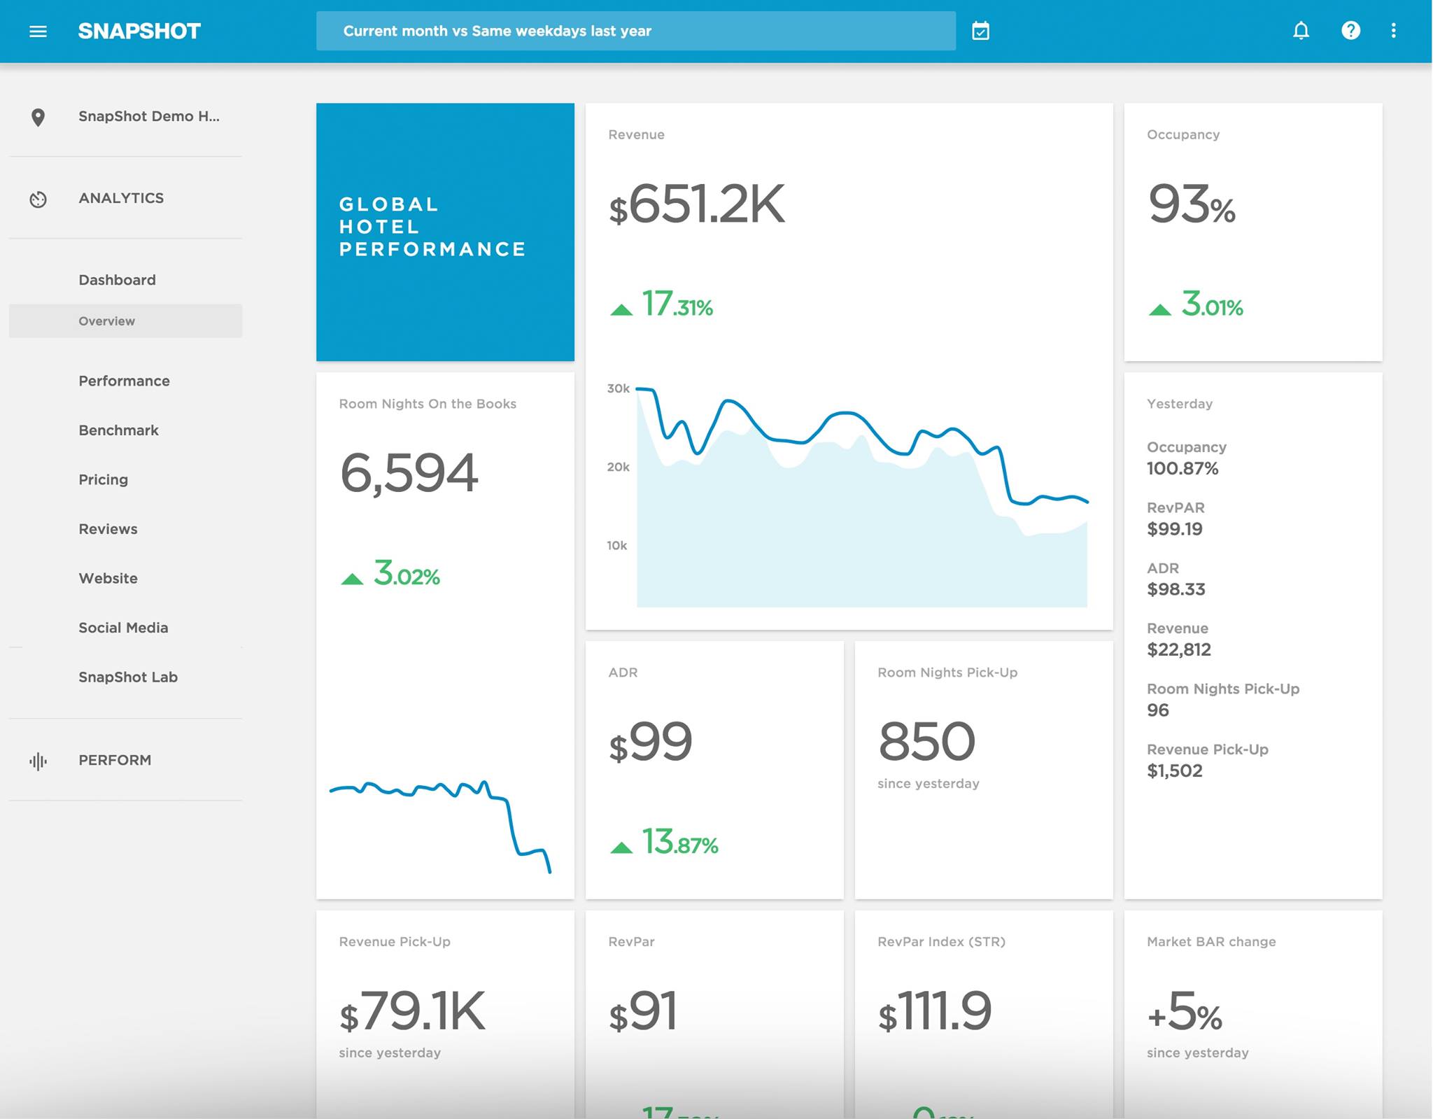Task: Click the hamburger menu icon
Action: (38, 31)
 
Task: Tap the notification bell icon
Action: (1301, 31)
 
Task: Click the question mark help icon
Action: (1350, 31)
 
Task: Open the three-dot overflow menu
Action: (1393, 31)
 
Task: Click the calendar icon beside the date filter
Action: (980, 31)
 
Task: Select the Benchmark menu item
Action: (118, 430)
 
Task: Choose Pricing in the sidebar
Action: (103, 479)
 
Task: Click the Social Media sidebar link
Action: (123, 628)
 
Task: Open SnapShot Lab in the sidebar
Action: (128, 677)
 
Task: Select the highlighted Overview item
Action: (107, 321)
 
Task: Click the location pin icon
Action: (38, 117)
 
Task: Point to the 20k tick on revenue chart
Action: (618, 467)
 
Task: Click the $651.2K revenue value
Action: (696, 204)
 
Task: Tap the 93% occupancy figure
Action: (1191, 204)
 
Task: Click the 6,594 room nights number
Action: (409, 473)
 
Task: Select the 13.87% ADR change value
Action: (679, 842)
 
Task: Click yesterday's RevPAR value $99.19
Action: (1174, 529)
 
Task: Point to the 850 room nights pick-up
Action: (926, 742)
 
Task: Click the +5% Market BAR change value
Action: (1184, 1012)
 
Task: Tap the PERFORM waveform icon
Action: (38, 761)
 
